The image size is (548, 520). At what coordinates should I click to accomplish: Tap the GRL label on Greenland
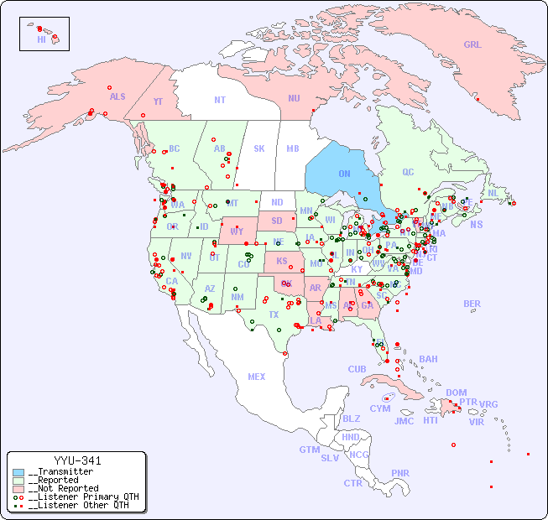coord(472,44)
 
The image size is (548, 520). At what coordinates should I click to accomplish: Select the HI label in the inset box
coord(41,39)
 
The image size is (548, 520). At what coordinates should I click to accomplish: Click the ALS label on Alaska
coord(117,96)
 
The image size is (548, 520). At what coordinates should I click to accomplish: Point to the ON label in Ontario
coord(344,174)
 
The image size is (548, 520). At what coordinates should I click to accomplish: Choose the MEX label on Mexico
coord(257,377)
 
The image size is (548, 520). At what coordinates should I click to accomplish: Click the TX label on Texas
coord(274,315)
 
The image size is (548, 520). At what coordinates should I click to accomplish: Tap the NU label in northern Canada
coord(294,98)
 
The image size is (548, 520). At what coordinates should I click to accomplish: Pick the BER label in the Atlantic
coord(472,304)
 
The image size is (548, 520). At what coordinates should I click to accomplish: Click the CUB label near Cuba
coord(358,369)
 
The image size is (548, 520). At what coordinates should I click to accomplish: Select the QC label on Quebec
coord(408,172)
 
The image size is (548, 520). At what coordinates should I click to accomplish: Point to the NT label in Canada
coord(220,99)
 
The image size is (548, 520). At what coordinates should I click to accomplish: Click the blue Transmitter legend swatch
coord(18,472)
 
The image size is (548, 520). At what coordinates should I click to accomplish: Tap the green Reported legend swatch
coord(18,481)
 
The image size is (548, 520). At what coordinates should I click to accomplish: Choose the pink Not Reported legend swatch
coord(18,488)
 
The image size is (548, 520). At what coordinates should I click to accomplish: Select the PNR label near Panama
coord(400,473)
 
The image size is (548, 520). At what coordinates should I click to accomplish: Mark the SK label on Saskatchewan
coord(259,148)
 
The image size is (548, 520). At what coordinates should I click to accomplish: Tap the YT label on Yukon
coord(158,101)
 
